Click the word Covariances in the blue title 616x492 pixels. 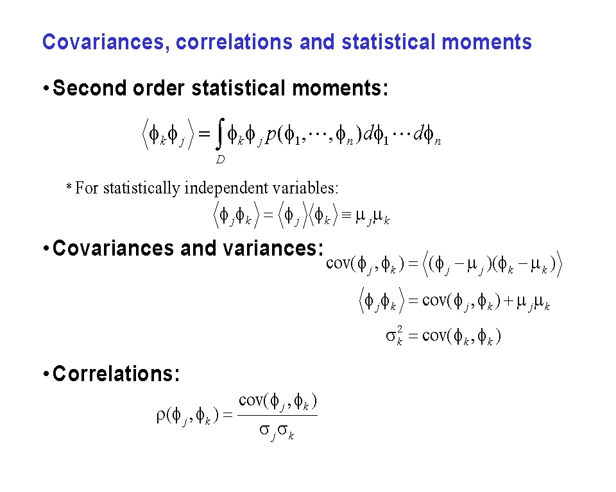tap(103, 42)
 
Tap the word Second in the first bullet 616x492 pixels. tap(90, 88)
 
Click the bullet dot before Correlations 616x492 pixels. tap(46, 373)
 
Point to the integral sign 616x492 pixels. tap(220, 134)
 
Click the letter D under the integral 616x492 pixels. tap(220, 160)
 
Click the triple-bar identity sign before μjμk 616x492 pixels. tap(346, 215)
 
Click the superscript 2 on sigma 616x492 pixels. tap(400, 329)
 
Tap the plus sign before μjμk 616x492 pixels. tap(508, 301)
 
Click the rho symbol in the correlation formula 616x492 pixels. tap(161, 415)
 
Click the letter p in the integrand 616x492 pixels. tap(270, 136)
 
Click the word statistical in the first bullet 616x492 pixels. tap(239, 88)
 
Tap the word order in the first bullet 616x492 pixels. tap(158, 88)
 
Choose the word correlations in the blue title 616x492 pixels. tap(234, 42)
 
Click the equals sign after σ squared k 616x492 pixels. tap(413, 336)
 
